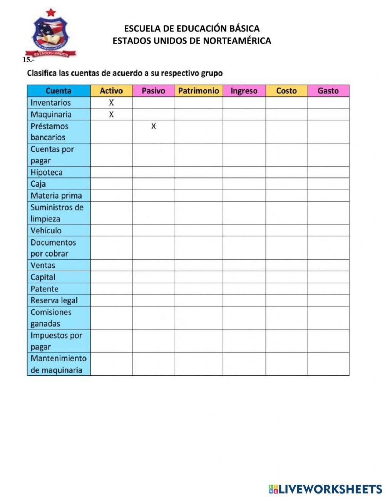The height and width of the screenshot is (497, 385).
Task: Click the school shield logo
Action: (51, 34)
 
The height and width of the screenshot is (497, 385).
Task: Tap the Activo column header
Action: (111, 91)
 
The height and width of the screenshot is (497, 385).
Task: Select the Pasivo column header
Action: (153, 91)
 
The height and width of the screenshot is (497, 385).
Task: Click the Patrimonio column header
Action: (198, 91)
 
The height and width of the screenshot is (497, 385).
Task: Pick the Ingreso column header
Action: (244, 91)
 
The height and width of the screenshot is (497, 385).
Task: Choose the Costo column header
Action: (286, 91)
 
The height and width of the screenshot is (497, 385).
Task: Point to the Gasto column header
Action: (328, 91)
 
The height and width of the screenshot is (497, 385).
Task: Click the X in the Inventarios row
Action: (111, 102)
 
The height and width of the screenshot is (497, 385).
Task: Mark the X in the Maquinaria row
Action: (111, 114)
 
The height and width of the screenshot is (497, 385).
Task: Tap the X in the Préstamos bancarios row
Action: (153, 126)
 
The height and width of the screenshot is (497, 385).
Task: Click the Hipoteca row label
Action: (46, 172)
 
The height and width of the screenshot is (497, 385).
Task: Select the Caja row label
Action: (38, 184)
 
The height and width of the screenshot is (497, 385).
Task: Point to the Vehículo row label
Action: (46, 231)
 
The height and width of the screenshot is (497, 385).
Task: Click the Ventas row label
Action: (43, 265)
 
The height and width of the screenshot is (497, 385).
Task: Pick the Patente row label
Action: (44, 289)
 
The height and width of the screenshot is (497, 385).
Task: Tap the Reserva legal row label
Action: (54, 300)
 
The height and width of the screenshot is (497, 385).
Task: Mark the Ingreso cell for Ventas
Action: (244, 265)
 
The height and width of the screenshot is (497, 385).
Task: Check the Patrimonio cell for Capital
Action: (198, 277)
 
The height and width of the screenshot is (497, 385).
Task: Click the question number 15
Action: (28, 60)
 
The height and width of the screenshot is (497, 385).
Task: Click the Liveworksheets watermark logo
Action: (325, 489)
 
